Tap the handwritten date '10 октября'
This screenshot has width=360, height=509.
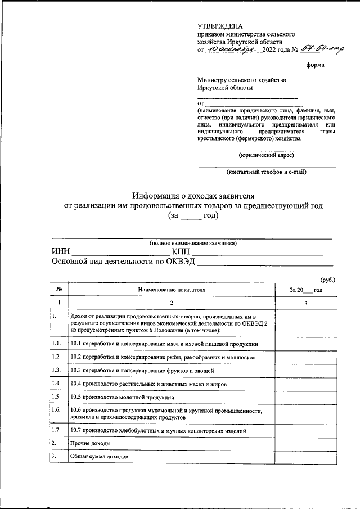click(232, 51)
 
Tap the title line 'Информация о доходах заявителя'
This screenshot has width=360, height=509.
click(193, 196)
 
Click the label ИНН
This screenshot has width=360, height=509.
click(61, 251)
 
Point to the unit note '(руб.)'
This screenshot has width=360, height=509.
click(328, 280)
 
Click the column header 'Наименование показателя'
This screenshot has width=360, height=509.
click(172, 290)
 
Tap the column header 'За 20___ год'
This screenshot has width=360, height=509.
click(305, 290)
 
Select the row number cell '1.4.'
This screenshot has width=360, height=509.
click(56, 384)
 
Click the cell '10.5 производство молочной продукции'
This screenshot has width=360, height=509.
click(122, 397)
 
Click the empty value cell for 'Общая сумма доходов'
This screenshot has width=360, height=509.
click(305, 457)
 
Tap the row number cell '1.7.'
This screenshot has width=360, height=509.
click(56, 430)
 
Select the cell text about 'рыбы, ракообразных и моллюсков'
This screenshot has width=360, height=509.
click(163, 357)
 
